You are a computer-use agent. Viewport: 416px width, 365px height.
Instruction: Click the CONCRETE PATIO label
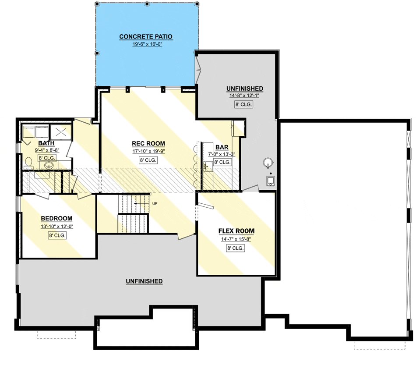click(146, 37)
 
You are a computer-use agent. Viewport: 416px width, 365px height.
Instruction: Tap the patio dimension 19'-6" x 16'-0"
click(147, 44)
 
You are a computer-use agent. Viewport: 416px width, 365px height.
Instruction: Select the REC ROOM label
click(148, 144)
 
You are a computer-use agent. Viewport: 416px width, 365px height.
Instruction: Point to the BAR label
click(222, 147)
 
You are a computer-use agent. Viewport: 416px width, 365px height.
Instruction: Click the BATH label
click(46, 143)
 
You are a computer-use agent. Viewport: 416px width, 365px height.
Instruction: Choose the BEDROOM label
click(56, 219)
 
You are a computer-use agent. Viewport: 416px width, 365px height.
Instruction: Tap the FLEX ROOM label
click(236, 231)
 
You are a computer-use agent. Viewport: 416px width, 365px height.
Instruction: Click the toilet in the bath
click(28, 163)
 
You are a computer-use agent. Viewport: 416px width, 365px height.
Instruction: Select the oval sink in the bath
click(49, 166)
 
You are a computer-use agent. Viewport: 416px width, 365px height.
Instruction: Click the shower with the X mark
click(61, 132)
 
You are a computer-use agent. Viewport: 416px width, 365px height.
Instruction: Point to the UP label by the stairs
click(155, 204)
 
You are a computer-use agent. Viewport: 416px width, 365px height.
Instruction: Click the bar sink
click(208, 166)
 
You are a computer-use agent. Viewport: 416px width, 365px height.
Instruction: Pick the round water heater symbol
click(268, 163)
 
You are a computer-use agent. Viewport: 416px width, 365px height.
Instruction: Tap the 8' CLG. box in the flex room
click(235, 248)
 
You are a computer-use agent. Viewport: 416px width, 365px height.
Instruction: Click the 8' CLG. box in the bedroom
click(57, 235)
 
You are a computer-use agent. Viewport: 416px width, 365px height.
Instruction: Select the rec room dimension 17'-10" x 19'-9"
click(148, 152)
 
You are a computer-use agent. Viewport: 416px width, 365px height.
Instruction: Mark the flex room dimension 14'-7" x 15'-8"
click(236, 239)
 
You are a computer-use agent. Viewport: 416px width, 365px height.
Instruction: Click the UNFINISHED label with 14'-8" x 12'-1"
click(245, 89)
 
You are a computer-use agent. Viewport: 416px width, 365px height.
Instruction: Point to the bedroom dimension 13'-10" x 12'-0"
click(57, 227)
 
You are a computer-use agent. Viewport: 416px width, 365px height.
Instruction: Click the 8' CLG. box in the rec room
click(148, 160)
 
